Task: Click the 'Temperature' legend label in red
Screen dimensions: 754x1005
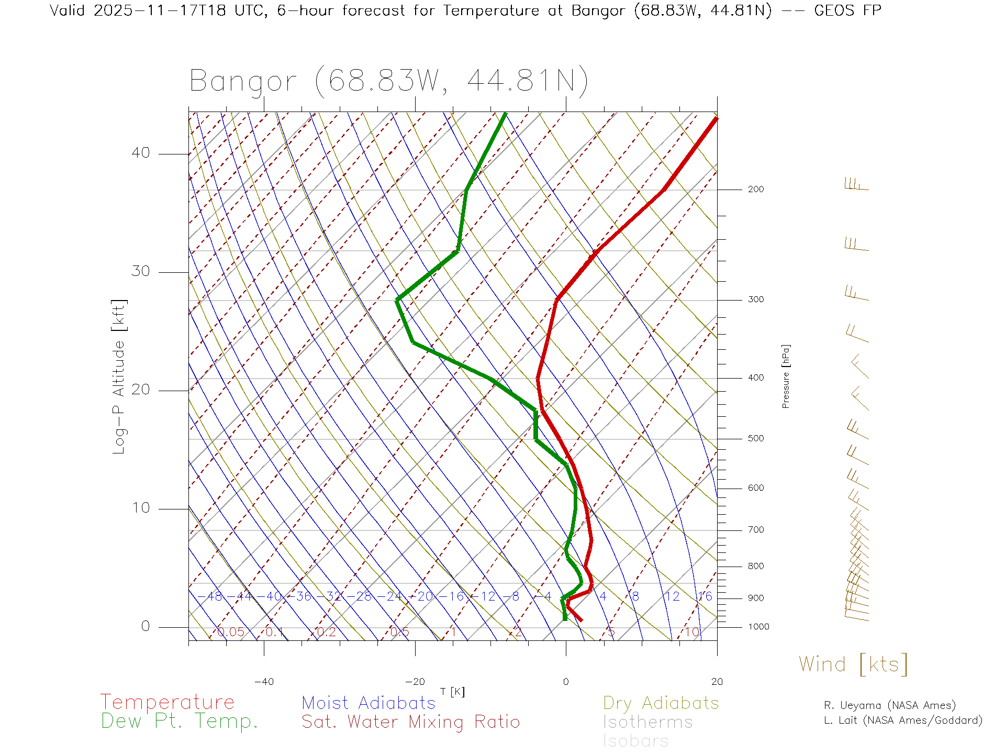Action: pyautogui.click(x=167, y=702)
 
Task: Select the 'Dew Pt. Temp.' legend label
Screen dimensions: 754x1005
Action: pyautogui.click(x=180, y=722)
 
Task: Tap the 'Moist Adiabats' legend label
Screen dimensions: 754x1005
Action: pyautogui.click(x=369, y=703)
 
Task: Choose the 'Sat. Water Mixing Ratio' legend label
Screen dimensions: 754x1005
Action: pyautogui.click(x=411, y=722)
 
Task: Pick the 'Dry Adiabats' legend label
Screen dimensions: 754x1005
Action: pyautogui.click(x=661, y=703)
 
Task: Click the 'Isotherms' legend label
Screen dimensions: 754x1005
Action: pyautogui.click(x=648, y=722)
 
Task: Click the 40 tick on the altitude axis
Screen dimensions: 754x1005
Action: pyautogui.click(x=141, y=153)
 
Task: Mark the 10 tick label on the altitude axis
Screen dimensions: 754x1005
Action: pyautogui.click(x=141, y=508)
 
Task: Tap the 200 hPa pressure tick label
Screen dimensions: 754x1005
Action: pyautogui.click(x=756, y=190)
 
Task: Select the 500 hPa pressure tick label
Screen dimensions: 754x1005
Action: pyautogui.click(x=756, y=439)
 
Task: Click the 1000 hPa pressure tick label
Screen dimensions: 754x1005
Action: pyautogui.click(x=758, y=627)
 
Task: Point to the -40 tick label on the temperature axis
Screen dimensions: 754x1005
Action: pyautogui.click(x=264, y=682)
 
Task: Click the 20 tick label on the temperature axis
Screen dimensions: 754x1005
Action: pyautogui.click(x=717, y=682)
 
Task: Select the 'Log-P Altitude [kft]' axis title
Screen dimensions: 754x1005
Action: pyautogui.click(x=119, y=377)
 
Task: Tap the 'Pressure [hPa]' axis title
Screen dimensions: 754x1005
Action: pyautogui.click(x=786, y=376)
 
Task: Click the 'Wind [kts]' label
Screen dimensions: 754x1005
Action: pyautogui.click(x=853, y=664)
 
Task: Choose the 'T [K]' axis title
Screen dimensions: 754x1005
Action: pyautogui.click(x=452, y=692)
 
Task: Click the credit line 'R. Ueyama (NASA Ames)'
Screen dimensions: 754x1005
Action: pyautogui.click(x=890, y=705)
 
